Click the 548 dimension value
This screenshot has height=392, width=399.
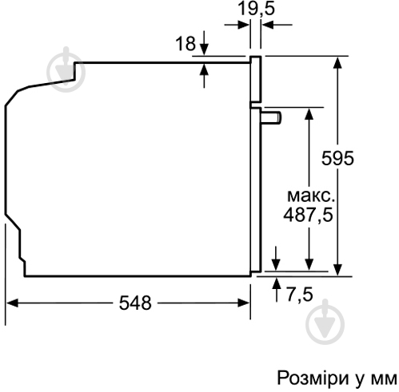[134, 303]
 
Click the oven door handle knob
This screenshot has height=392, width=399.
[273, 118]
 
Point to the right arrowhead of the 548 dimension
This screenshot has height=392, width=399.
[245, 303]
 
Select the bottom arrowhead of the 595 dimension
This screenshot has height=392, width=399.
[341, 271]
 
